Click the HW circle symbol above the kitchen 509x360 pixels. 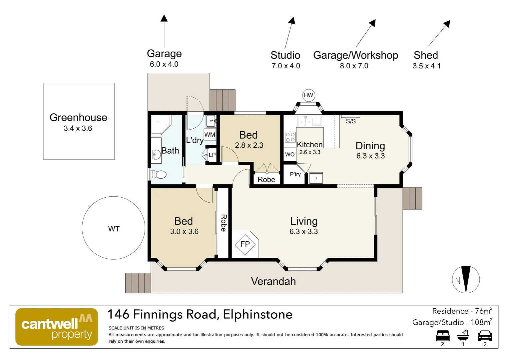click(308, 95)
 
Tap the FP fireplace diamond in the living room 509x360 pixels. click(245, 244)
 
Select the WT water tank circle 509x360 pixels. click(114, 228)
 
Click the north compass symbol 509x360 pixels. click(466, 279)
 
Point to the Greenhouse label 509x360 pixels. click(78, 118)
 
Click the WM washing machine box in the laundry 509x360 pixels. click(210, 135)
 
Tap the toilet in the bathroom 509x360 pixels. click(159, 174)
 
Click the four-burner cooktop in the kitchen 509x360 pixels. click(290, 137)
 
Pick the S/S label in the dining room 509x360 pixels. click(350, 121)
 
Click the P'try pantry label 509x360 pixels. click(295, 174)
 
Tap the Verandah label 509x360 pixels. click(273, 281)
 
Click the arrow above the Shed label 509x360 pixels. click(439, 33)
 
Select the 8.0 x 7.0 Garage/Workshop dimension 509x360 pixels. click(354, 66)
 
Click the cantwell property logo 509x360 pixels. click(57, 327)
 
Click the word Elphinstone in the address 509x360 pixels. click(257, 314)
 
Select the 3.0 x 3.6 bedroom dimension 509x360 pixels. click(184, 231)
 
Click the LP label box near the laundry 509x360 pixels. click(212, 155)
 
